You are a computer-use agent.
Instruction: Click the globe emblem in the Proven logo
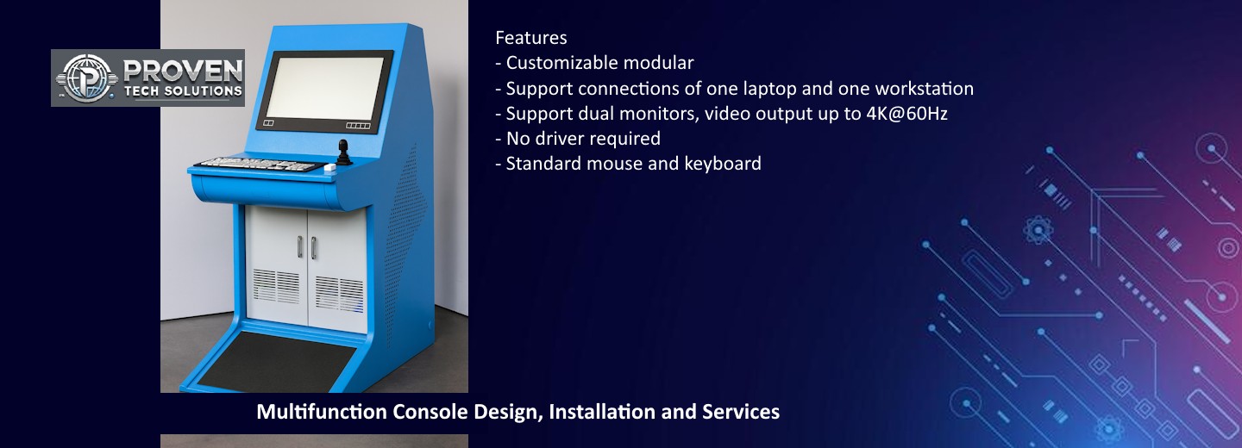coord(86,78)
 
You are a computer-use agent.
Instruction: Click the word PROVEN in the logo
coord(183,71)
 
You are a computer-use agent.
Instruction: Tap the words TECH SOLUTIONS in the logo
coord(183,91)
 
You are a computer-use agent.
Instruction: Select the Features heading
coord(530,38)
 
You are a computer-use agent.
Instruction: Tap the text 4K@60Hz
coord(906,114)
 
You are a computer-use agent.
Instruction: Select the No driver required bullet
coord(578,139)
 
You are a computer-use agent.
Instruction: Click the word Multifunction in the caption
coord(322,412)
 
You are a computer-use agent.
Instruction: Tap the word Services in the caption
coord(741,412)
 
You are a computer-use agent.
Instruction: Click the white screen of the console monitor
coord(324,89)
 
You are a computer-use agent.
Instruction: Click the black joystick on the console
coord(344,152)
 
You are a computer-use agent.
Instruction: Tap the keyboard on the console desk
coord(259,165)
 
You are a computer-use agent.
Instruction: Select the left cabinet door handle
coord(300,247)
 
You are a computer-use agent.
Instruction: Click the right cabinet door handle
coord(314,248)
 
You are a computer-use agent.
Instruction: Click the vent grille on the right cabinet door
coord(339,294)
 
